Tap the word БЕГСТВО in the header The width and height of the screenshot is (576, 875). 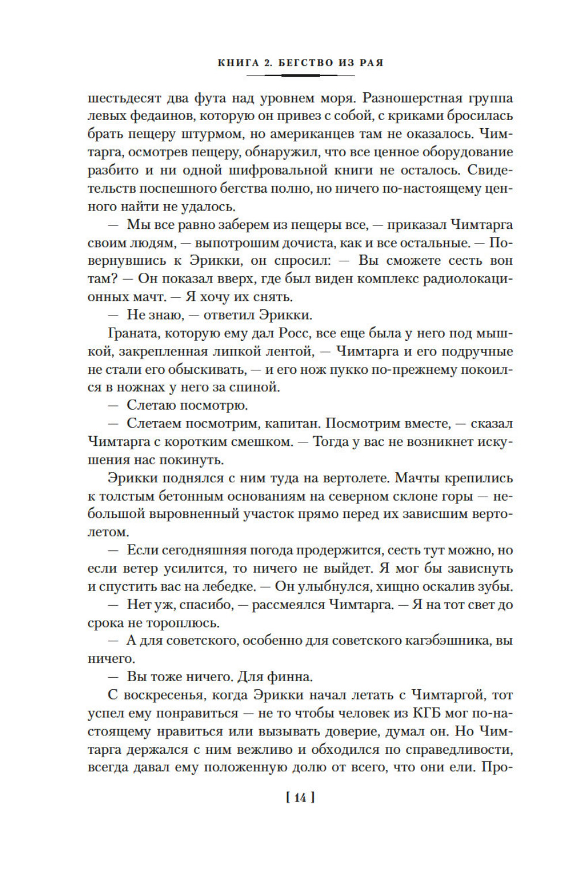pos(306,62)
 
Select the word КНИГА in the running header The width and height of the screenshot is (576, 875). pos(238,62)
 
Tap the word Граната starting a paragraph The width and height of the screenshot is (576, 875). pos(132,333)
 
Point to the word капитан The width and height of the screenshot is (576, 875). pos(292,424)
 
